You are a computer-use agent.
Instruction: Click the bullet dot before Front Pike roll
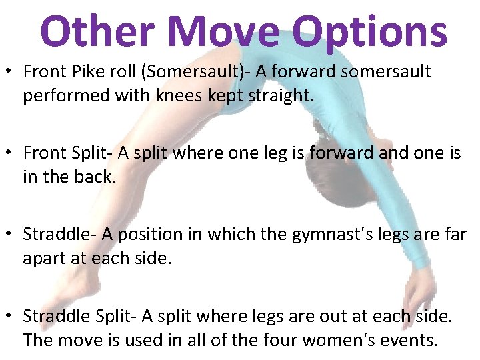pos(9,72)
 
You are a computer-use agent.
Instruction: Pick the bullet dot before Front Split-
pos(9,153)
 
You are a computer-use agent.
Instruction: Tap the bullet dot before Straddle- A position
pos(9,234)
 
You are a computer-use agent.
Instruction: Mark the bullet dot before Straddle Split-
pos(9,317)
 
